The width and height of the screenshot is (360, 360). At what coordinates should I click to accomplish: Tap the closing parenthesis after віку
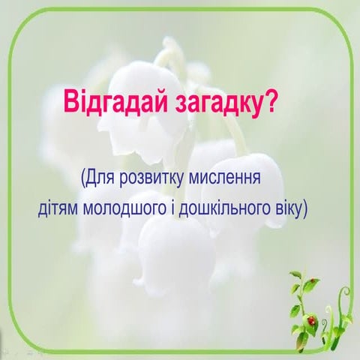coord(304,206)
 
